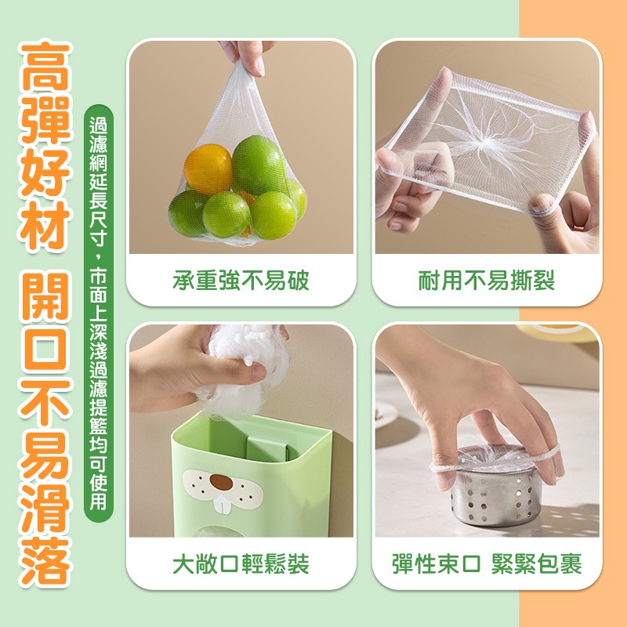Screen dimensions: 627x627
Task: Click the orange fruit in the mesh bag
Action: coord(208,169)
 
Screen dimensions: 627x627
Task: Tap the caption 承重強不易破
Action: coord(241,281)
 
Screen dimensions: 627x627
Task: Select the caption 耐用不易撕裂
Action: coord(487,281)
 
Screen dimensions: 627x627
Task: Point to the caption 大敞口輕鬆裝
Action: coord(241,564)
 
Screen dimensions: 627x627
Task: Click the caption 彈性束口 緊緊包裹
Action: coord(487,564)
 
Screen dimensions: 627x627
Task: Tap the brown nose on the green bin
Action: coord(221,482)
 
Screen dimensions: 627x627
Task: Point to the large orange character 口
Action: coord(45,348)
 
